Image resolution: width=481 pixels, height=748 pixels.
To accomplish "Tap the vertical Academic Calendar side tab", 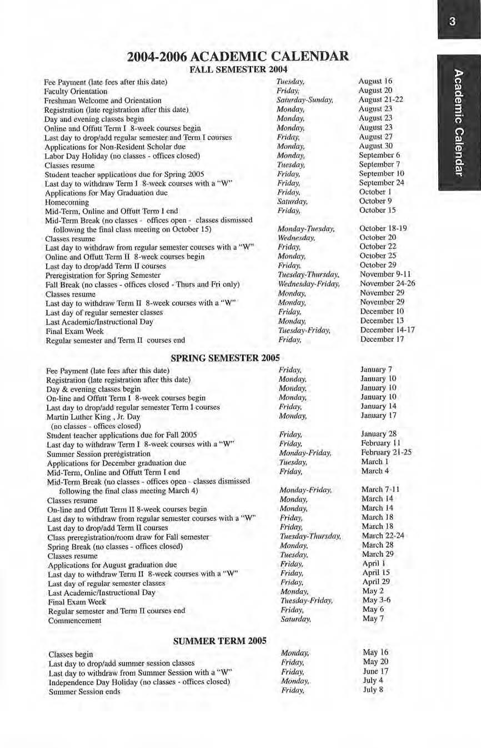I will point(458,122).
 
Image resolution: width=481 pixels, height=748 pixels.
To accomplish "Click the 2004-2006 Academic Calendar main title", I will point(238,57).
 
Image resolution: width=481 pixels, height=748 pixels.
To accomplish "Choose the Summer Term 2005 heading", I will point(220,641).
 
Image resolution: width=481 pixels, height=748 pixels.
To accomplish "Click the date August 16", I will point(375,81).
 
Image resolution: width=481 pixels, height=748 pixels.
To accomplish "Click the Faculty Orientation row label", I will point(76,91).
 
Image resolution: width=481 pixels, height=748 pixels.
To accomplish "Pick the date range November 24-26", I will point(387,283).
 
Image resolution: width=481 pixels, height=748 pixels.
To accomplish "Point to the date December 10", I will point(382,311).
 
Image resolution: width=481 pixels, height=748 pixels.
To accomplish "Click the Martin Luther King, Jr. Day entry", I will point(93,416).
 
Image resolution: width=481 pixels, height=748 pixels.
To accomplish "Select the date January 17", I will point(379,415).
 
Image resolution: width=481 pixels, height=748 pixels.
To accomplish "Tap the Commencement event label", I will point(74,620).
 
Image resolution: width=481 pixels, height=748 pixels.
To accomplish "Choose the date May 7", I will point(370,619).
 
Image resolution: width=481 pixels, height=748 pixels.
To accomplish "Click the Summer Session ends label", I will point(84,692).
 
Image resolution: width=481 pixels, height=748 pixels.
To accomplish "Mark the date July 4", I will point(373,680).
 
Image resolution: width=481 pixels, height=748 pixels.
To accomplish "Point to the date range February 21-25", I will point(387,452).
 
